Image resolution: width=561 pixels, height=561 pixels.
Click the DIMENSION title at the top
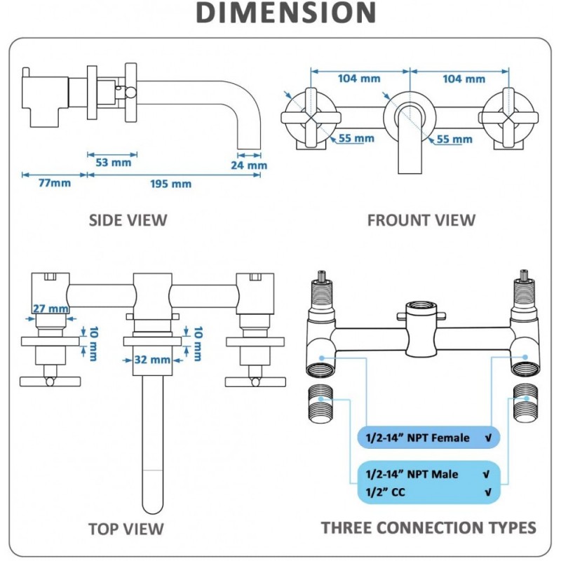285,13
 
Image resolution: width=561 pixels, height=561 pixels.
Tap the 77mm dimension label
54,184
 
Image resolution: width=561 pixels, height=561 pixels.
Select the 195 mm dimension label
172,184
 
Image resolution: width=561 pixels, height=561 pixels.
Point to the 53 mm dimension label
113,163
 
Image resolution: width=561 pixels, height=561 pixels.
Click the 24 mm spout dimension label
248,165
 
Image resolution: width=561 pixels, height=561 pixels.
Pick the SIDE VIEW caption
128,220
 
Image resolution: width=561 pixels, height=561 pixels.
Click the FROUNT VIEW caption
421,220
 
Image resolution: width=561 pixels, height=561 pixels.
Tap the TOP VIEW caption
126,529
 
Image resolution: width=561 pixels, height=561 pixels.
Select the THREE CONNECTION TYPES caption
428,527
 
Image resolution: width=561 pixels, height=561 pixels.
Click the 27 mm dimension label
50,309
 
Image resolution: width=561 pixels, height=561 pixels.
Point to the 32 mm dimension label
151,360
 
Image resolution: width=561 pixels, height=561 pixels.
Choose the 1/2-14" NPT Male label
412,474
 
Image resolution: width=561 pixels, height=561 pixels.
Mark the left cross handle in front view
306,119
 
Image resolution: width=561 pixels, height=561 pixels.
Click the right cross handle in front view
510,119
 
